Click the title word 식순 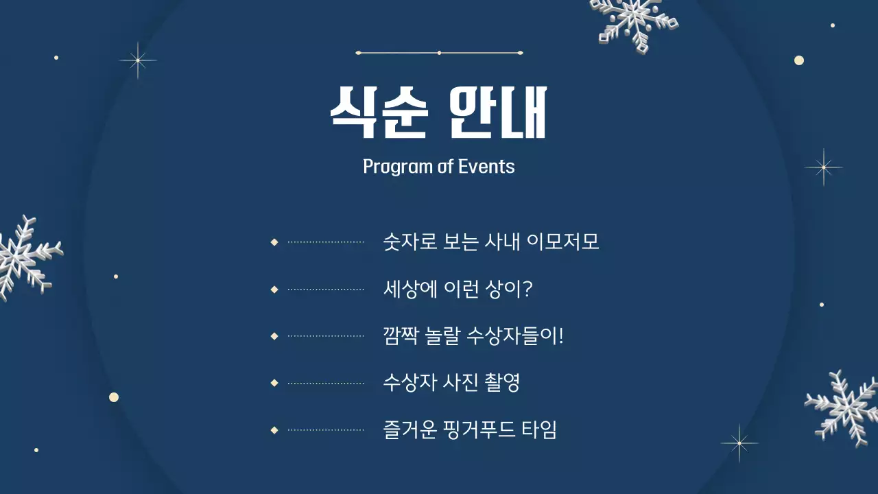(x=379, y=113)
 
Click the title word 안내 (x=497, y=113)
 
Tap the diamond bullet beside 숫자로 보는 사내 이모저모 (x=274, y=242)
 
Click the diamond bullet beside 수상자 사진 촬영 (x=274, y=383)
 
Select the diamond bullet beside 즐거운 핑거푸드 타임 (x=274, y=430)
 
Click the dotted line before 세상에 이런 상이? (x=326, y=290)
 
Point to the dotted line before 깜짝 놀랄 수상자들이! (x=326, y=336)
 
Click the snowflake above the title (x=634, y=24)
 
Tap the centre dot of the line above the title (x=439, y=53)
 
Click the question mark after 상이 (x=527, y=289)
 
